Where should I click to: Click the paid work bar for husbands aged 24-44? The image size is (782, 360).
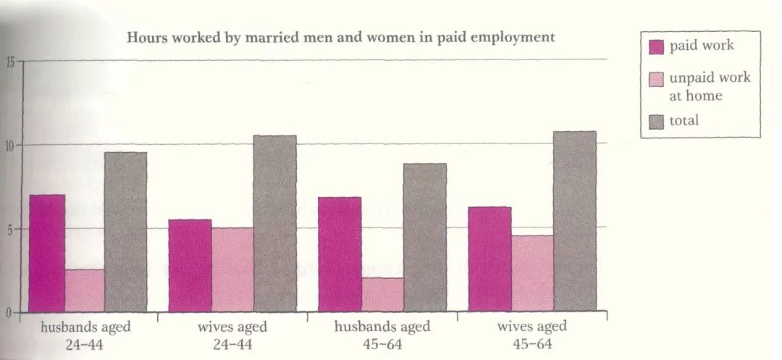pyautogui.click(x=47, y=254)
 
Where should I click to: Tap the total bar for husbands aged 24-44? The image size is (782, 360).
pyautogui.click(x=126, y=233)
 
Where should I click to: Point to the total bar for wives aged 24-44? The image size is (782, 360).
pyautogui.click(x=275, y=224)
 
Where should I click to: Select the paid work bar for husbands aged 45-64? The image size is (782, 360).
pyautogui.click(x=340, y=254)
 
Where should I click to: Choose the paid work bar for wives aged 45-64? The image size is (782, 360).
pyautogui.click(x=489, y=259)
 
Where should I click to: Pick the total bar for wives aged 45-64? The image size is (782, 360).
pyautogui.click(x=575, y=222)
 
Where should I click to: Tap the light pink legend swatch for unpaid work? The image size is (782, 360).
pyautogui.click(x=657, y=79)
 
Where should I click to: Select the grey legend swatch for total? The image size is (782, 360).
pyautogui.click(x=657, y=122)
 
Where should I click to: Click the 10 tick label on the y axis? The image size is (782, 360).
pyautogui.click(x=10, y=145)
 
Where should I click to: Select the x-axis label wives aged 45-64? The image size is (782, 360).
pyautogui.click(x=532, y=335)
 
